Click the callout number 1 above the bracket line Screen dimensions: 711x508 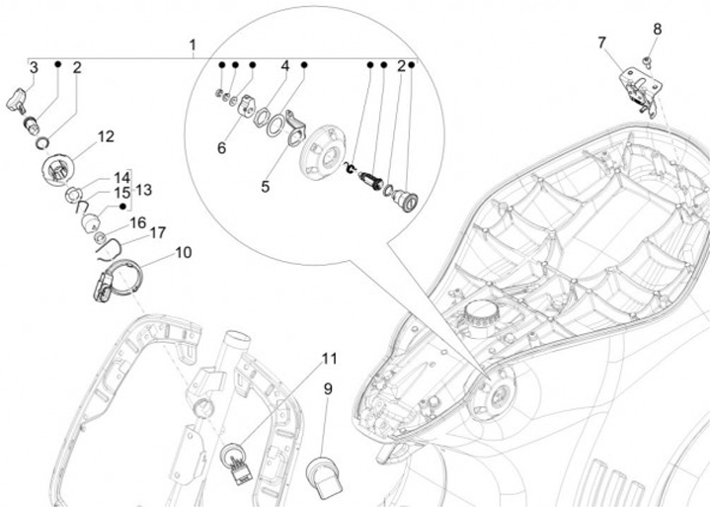tap(193, 45)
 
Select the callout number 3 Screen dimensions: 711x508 tap(34, 68)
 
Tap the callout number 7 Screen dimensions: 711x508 tap(601, 42)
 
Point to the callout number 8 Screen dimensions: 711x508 tap(657, 29)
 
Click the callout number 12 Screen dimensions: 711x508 tap(106, 136)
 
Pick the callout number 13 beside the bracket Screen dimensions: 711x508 tap(143, 190)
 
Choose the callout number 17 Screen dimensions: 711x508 tap(157, 233)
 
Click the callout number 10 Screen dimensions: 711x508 tap(184, 252)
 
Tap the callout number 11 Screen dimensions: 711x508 tap(330, 359)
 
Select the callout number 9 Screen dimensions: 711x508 tap(328, 389)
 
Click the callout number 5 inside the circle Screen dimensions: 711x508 tap(266, 187)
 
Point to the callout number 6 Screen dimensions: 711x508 tap(222, 148)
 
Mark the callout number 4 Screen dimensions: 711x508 tap(284, 66)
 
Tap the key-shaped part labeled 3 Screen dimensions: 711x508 tap(16, 100)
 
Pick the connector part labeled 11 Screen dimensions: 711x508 tap(236, 464)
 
